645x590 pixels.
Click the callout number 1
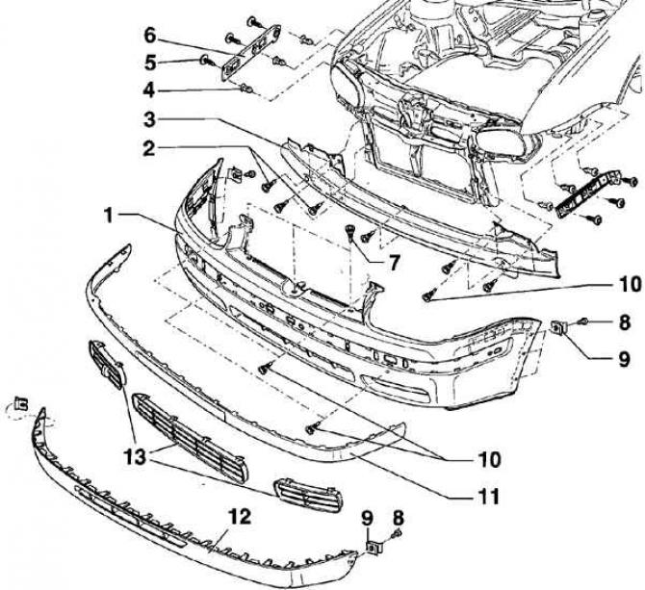113,215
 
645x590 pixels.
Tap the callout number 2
149,149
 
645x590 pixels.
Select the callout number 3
149,119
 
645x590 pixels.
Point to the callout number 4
149,91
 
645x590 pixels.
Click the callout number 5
149,64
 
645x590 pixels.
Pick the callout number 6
149,37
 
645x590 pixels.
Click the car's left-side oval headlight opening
346,98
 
